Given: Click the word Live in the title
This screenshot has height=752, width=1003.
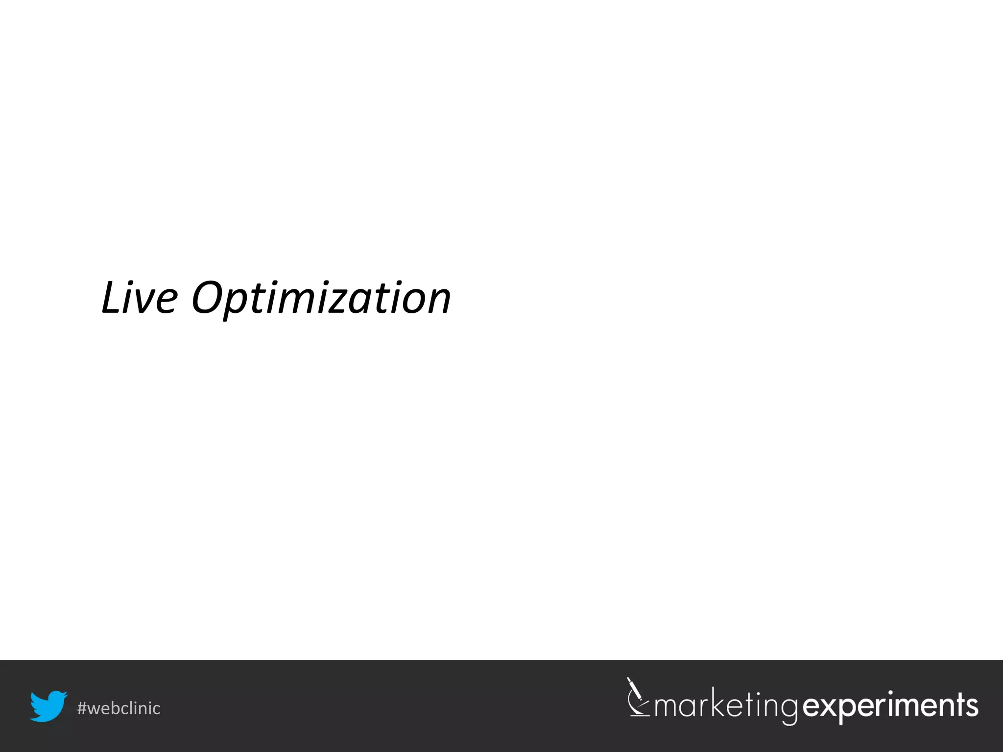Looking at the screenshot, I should (x=139, y=298).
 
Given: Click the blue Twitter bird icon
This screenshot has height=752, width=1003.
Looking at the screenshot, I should (x=48, y=706).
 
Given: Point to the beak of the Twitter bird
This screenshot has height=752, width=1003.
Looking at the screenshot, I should (x=64, y=695).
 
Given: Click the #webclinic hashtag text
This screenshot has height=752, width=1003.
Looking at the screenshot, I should (x=119, y=708).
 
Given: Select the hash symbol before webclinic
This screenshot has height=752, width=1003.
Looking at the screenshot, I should (x=82, y=708).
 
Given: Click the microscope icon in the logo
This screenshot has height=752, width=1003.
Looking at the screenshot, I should (x=638, y=697).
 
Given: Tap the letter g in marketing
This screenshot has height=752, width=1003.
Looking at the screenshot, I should (x=789, y=711).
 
